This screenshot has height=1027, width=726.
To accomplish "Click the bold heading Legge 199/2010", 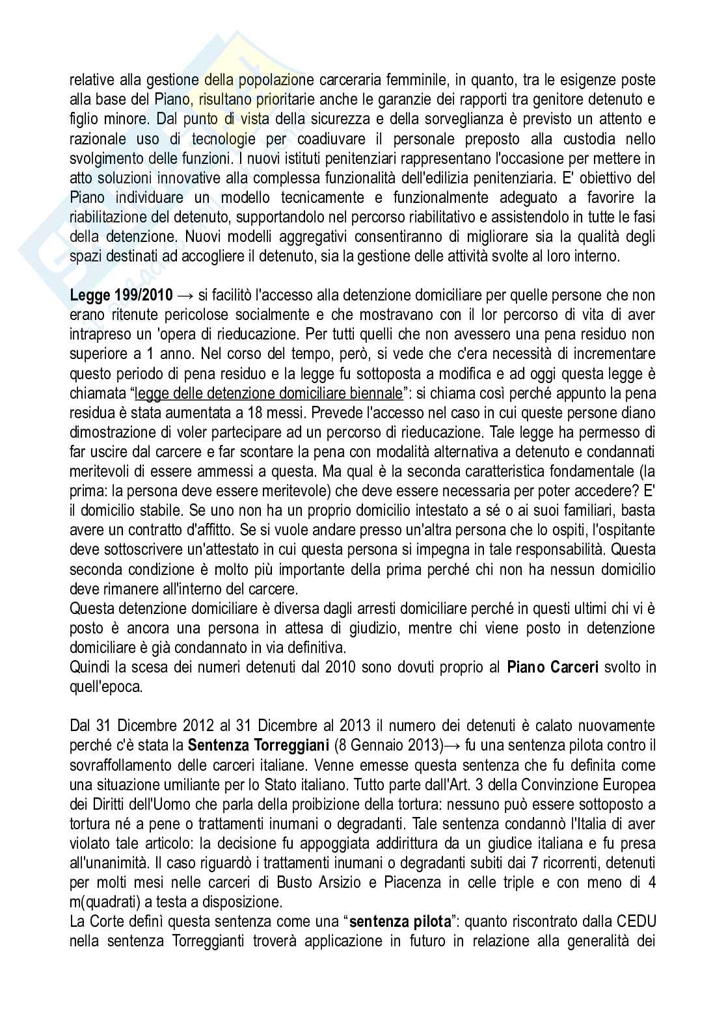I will (x=122, y=295).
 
